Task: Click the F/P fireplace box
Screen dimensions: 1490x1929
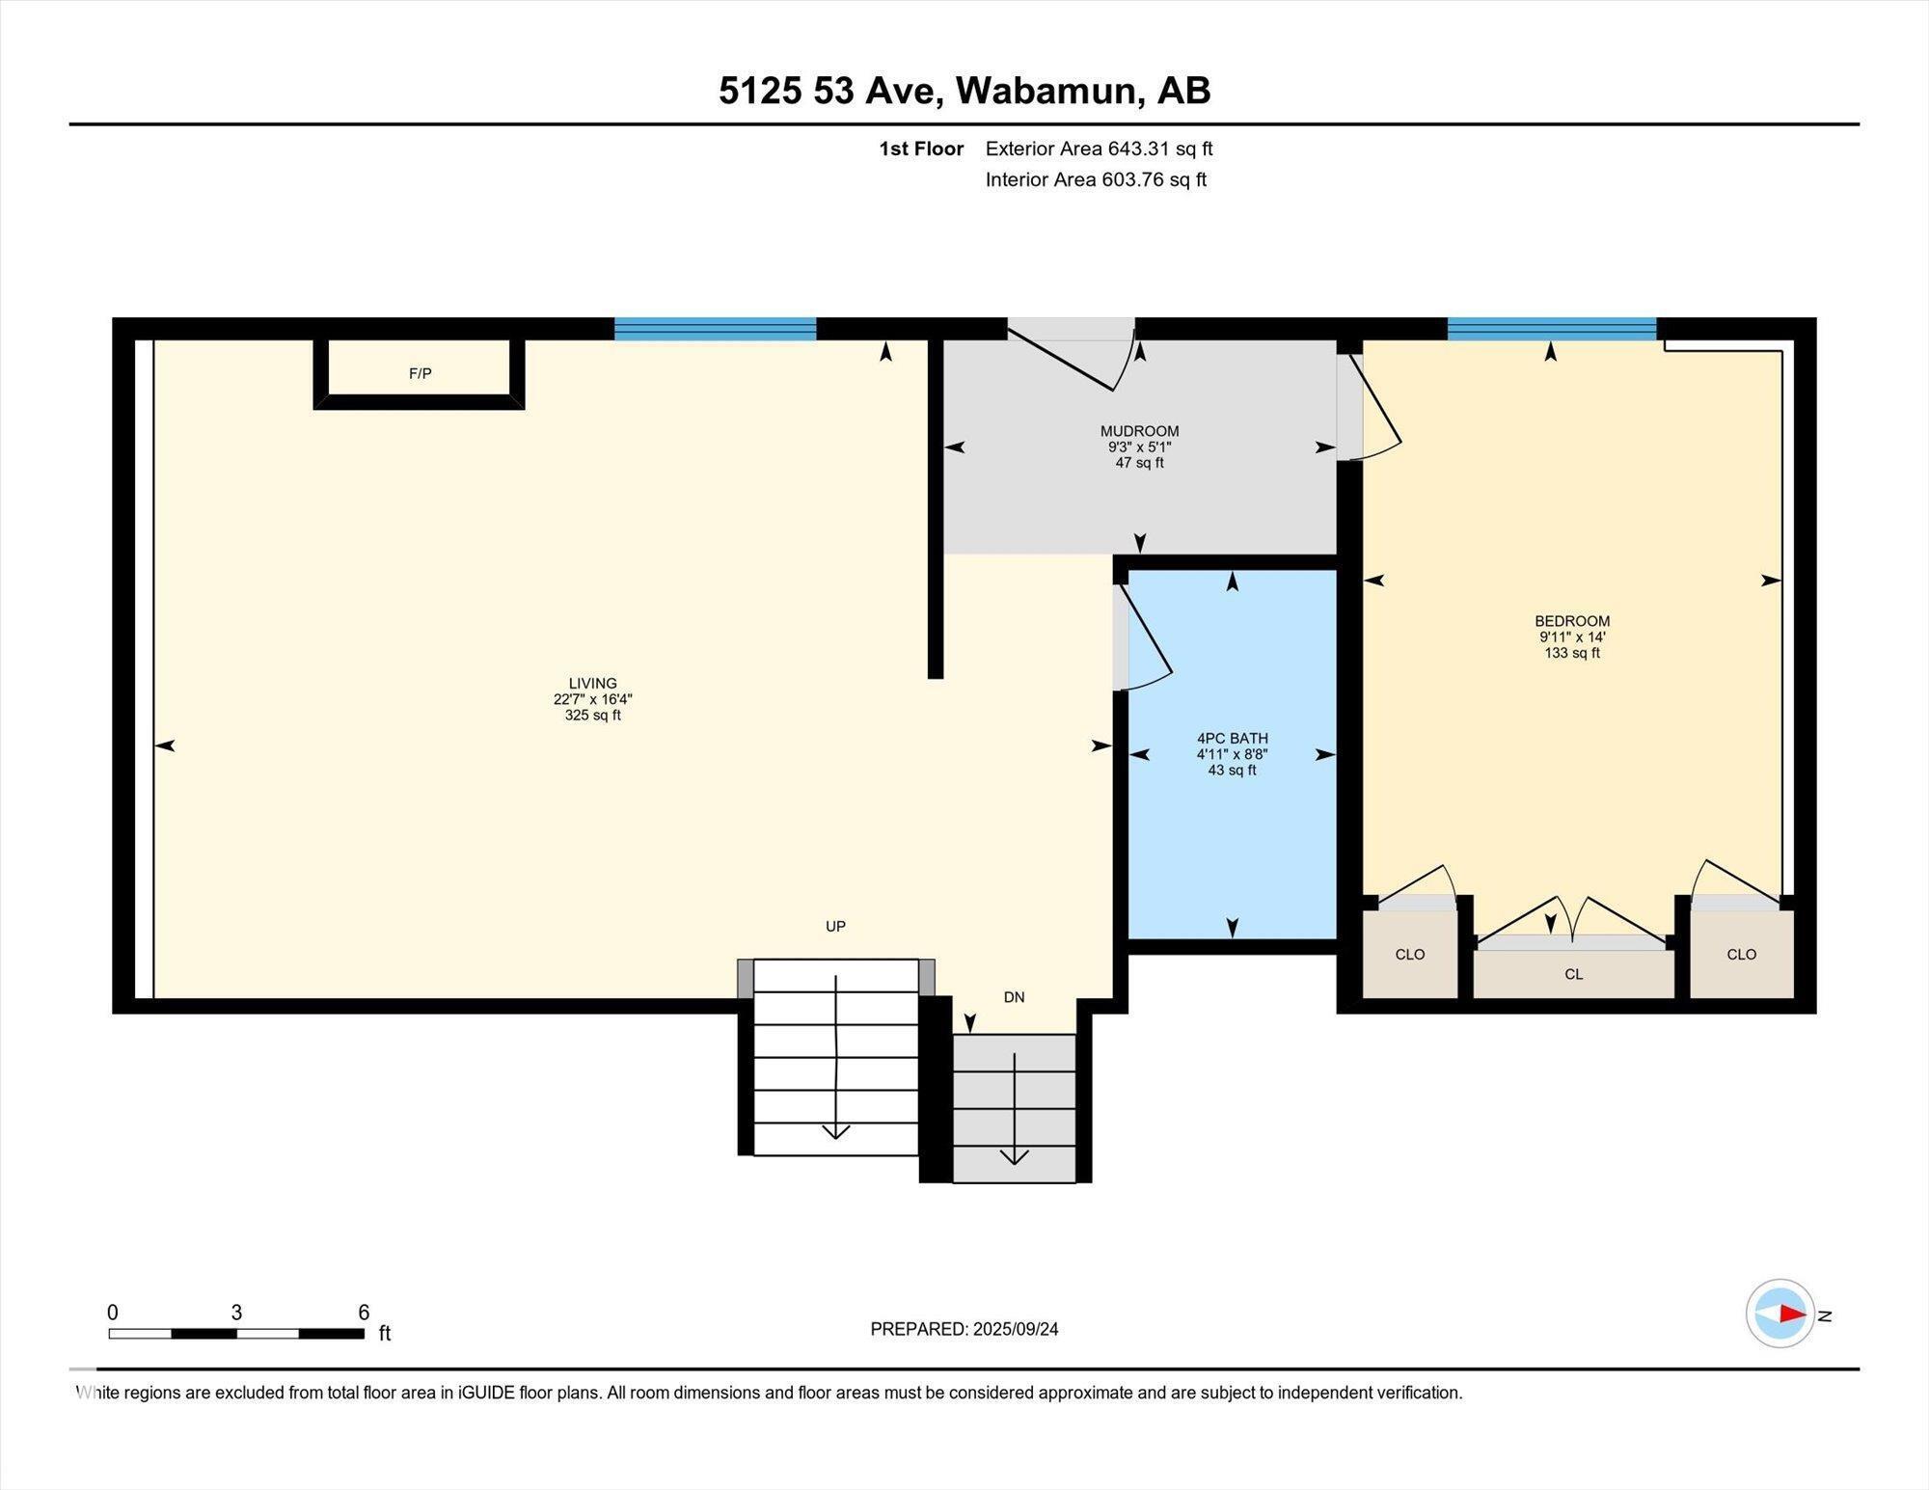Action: click(x=420, y=373)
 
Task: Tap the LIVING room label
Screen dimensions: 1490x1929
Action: click(x=592, y=684)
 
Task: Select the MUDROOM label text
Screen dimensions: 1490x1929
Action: click(x=1139, y=431)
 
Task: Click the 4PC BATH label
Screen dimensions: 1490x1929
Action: click(x=1232, y=739)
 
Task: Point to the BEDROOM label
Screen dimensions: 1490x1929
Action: click(x=1572, y=621)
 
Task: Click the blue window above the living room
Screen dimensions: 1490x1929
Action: click(x=715, y=329)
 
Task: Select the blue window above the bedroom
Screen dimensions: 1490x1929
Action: click(x=1551, y=329)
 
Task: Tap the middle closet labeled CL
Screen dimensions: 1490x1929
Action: click(x=1573, y=974)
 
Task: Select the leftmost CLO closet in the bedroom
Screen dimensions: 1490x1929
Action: click(x=1409, y=954)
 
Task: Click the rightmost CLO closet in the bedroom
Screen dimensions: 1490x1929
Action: click(x=1741, y=954)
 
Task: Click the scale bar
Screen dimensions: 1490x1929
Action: click(x=236, y=1334)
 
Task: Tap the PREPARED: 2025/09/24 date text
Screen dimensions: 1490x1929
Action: click(x=964, y=1329)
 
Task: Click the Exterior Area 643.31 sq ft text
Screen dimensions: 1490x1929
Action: click(x=1099, y=149)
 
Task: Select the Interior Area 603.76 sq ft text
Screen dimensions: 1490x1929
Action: click(x=1096, y=179)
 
